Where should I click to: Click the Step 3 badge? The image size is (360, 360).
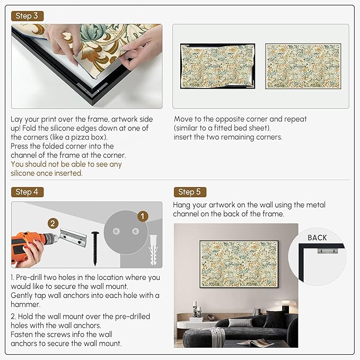pyautogui.click(x=28, y=16)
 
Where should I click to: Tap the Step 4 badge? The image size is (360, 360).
pyautogui.click(x=28, y=192)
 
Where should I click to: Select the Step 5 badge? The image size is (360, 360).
pyautogui.click(x=190, y=192)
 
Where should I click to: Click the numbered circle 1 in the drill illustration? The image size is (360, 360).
pyautogui.click(x=143, y=216)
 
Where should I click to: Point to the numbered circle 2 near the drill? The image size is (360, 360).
pyautogui.click(x=53, y=223)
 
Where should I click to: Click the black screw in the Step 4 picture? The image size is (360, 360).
pyautogui.click(x=95, y=248)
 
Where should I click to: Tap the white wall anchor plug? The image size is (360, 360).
pyautogui.click(x=153, y=250)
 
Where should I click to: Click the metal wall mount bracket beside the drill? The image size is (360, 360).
pyautogui.click(x=73, y=238)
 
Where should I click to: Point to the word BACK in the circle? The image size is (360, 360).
pyautogui.click(x=317, y=238)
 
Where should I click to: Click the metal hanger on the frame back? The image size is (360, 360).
pyautogui.click(x=328, y=251)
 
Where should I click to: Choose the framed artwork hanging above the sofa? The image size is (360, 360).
pyautogui.click(x=239, y=264)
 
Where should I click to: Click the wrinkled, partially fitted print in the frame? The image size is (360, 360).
pyautogui.click(x=217, y=66)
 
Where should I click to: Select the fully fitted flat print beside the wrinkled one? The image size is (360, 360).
pyautogui.click(x=303, y=66)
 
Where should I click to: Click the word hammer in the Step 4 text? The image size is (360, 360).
pyautogui.click(x=25, y=304)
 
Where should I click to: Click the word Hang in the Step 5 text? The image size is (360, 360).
pyautogui.click(x=181, y=205)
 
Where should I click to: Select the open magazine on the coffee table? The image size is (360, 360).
pyautogui.click(x=256, y=343)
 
